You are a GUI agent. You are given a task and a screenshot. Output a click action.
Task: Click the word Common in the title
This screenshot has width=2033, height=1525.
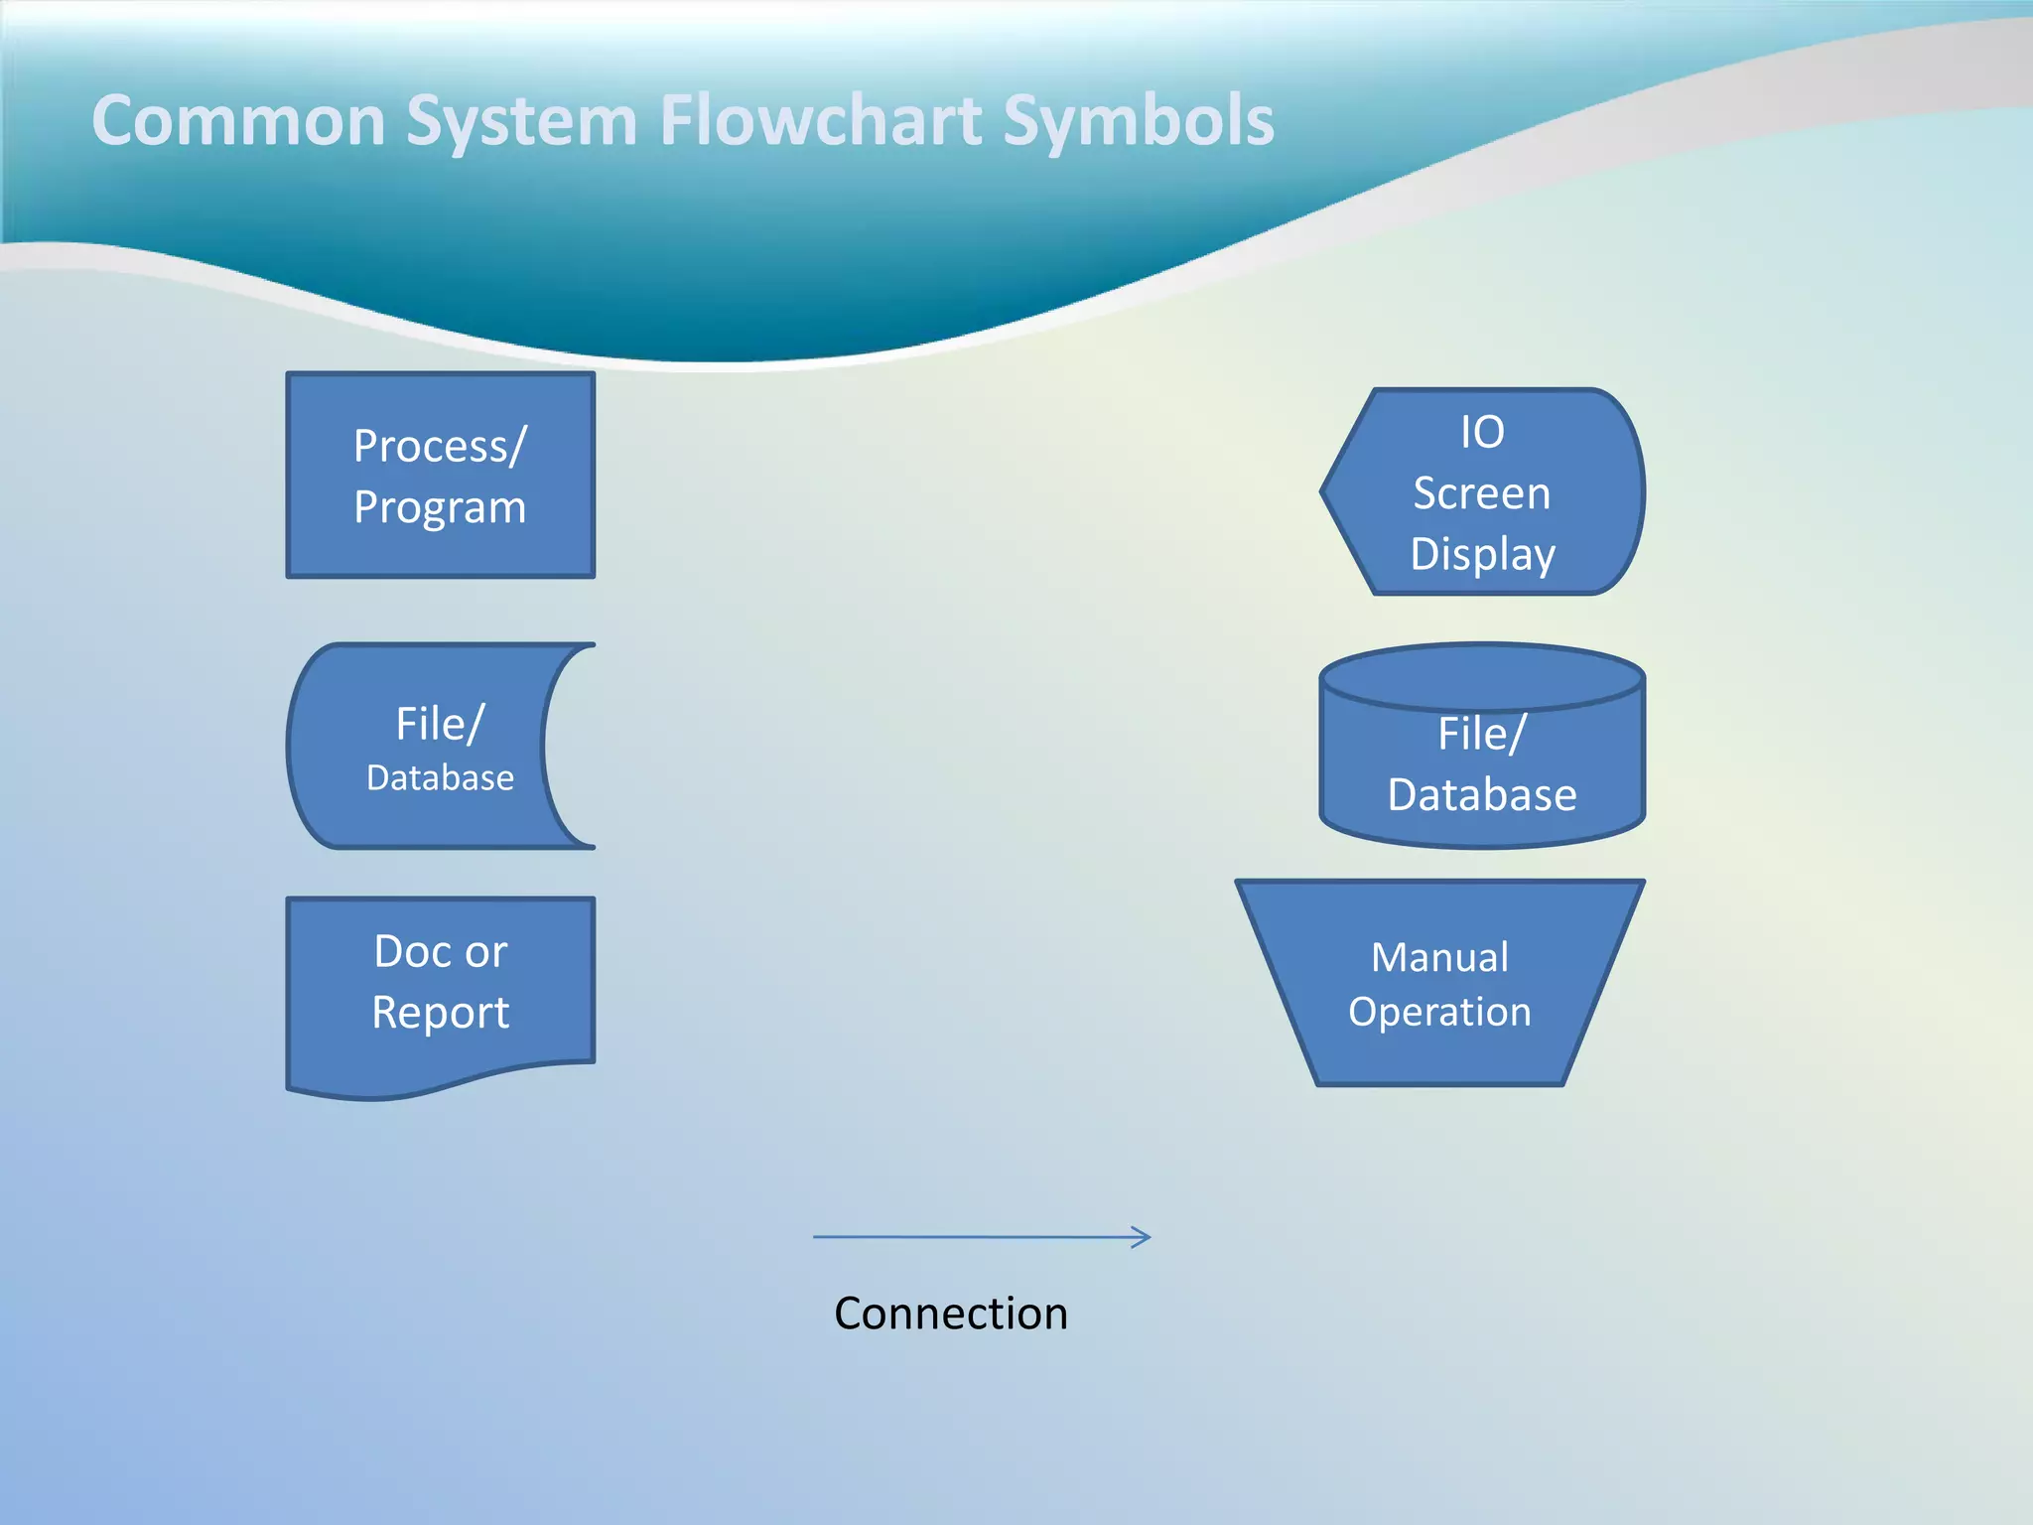238,121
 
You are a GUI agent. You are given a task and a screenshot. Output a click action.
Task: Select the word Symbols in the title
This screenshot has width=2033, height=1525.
1139,121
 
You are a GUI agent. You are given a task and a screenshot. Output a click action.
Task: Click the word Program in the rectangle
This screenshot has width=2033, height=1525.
440,508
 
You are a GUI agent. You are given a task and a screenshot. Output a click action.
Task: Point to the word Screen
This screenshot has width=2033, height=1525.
1481,493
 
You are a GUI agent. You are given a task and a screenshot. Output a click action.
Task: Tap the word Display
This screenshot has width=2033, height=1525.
1482,554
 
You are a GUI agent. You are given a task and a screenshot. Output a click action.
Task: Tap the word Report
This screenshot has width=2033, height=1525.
441,1013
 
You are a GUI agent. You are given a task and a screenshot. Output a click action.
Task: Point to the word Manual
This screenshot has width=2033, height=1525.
1439,958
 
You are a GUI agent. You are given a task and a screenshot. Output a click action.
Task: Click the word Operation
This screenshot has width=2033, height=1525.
1439,1012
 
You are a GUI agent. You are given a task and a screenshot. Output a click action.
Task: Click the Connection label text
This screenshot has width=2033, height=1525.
951,1314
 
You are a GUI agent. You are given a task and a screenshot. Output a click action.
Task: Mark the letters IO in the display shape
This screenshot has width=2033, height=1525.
1482,433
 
